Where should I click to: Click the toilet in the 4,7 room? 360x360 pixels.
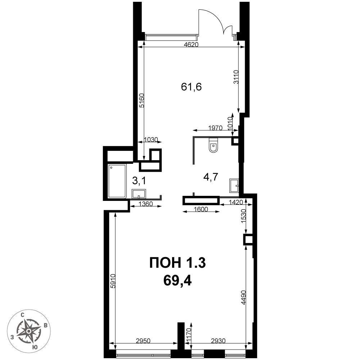[213, 145]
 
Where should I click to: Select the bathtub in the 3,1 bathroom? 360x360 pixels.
[117, 181]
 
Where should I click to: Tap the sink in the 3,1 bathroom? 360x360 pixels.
[139, 194]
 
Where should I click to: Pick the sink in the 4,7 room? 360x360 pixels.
[234, 186]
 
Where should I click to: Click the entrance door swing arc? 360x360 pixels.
[216, 19]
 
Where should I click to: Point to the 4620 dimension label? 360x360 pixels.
[191, 45]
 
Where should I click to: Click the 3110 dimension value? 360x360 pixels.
[237, 77]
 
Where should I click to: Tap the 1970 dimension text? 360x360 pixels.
[215, 128]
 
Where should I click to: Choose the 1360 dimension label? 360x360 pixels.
[146, 204]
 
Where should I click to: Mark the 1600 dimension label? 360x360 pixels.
[201, 209]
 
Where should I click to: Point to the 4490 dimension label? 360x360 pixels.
[244, 298]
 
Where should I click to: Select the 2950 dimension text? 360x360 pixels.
[143, 341]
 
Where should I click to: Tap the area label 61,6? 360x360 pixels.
[191, 87]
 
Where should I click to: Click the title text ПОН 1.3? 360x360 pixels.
[177, 263]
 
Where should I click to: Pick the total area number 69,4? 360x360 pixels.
[177, 280]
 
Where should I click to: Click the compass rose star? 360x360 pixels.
[28, 331]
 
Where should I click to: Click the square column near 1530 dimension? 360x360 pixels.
[248, 240]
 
